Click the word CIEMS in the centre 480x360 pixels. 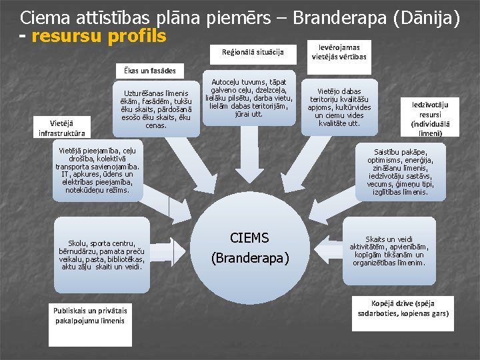pyautogui.click(x=249, y=238)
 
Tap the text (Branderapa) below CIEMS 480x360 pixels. pyautogui.click(x=250, y=258)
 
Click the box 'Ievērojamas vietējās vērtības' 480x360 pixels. pyautogui.click(x=339, y=52)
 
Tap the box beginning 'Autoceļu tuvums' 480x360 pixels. pyautogui.click(x=249, y=97)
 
